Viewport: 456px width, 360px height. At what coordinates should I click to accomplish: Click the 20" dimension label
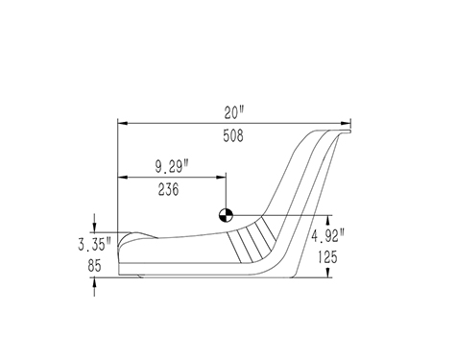234,112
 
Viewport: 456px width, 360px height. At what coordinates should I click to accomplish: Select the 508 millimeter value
233,135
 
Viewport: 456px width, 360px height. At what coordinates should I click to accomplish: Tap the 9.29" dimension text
172,166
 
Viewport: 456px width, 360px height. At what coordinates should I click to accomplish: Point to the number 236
169,189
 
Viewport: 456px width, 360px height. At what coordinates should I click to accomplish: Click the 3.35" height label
94,245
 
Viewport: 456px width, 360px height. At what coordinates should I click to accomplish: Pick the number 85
94,265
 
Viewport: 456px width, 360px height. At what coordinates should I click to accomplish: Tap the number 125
327,256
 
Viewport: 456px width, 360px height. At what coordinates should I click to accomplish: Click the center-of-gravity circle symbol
226,215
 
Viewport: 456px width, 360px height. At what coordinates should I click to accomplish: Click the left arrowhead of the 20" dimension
123,123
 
